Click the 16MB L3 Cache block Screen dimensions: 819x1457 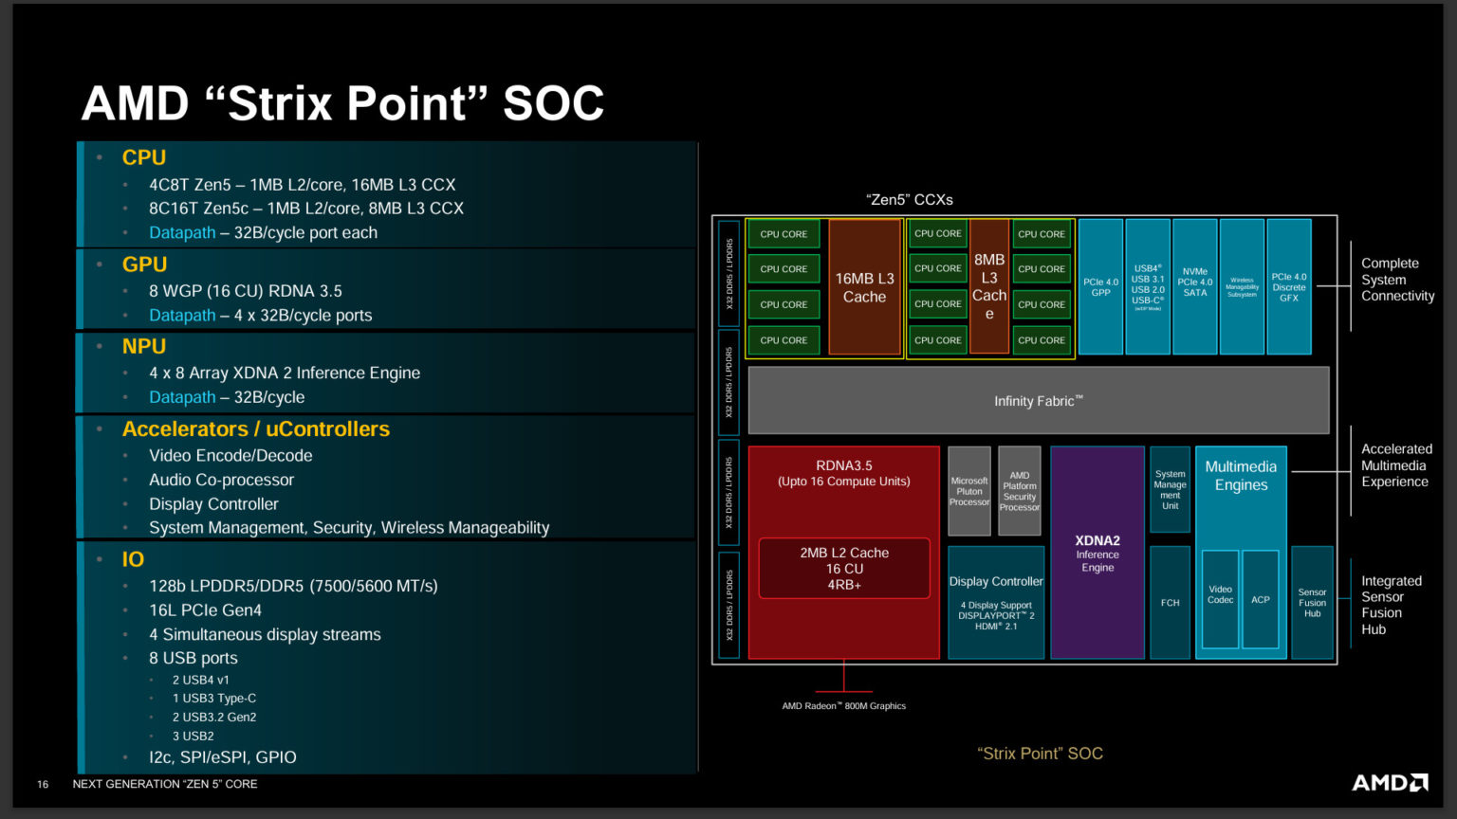pyautogui.click(x=864, y=287)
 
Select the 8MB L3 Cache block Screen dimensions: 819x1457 pyautogui.click(x=988, y=286)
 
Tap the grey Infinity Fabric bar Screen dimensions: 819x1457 pyautogui.click(x=1038, y=401)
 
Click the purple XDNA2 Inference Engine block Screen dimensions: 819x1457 pyautogui.click(x=1097, y=553)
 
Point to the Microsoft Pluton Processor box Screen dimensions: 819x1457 pyautogui.click(x=968, y=491)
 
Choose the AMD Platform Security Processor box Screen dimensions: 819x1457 pyautogui.click(x=1019, y=491)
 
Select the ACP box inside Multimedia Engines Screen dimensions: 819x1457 pyautogui.click(x=1260, y=599)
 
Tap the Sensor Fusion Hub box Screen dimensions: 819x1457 pyautogui.click(x=1312, y=602)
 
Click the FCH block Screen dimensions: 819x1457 pyautogui.click(x=1170, y=602)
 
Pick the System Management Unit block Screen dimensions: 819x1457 pyautogui.click(x=1170, y=490)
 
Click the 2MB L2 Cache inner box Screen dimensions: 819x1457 pyautogui.click(x=843, y=569)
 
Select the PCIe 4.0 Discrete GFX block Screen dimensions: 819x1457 pyautogui.click(x=1288, y=287)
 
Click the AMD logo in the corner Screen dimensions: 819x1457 pyautogui.click(x=1389, y=782)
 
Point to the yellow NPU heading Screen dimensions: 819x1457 pyautogui.click(x=144, y=347)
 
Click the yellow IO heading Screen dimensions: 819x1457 pyautogui.click(x=133, y=559)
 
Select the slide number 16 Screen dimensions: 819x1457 pyautogui.click(x=43, y=784)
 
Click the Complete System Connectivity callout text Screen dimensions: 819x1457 pyautogui.click(x=1397, y=280)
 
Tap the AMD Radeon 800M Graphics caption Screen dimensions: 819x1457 pyautogui.click(x=843, y=706)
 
